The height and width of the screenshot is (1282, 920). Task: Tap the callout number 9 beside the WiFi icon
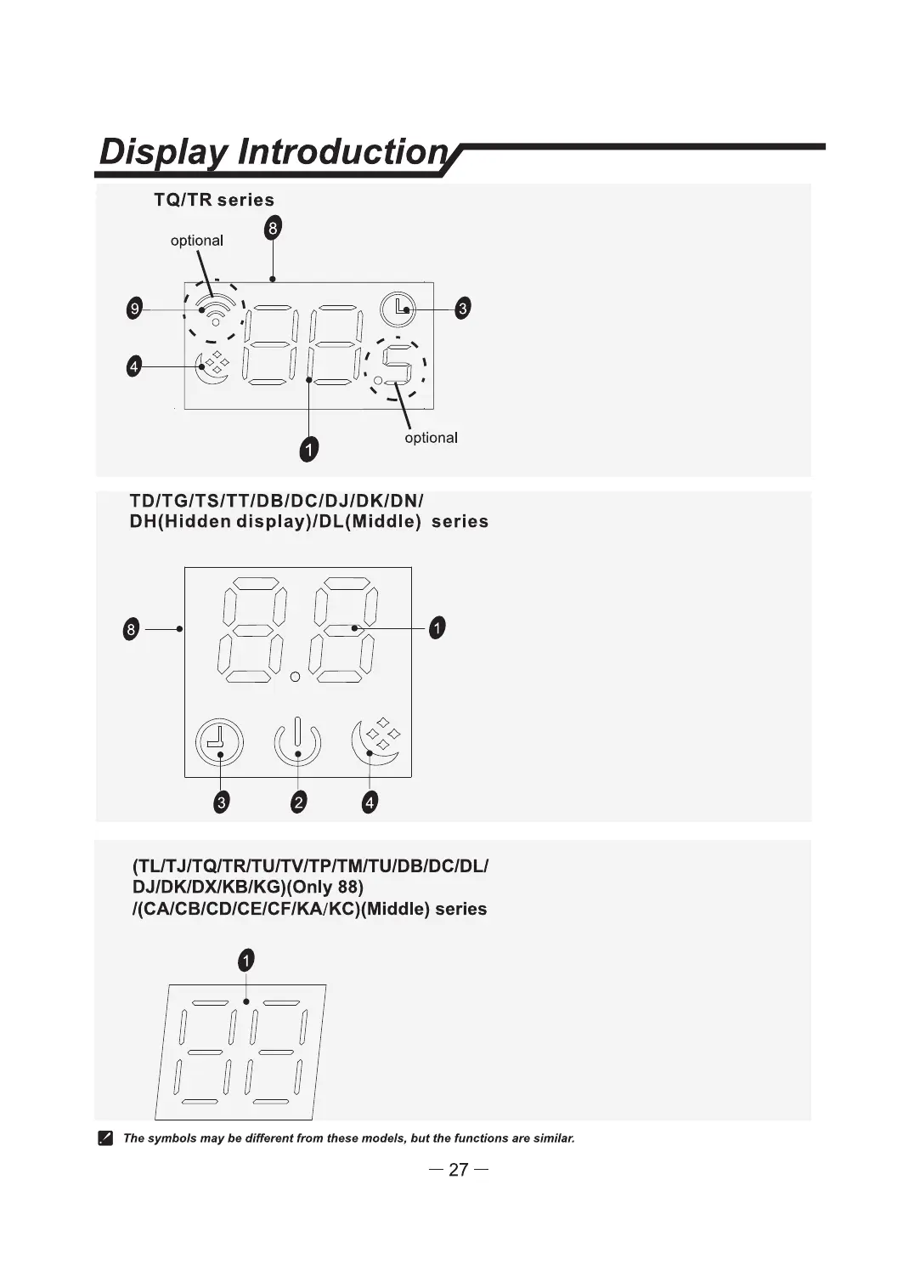pyautogui.click(x=133, y=309)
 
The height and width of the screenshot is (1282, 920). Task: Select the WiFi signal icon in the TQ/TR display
pyautogui.click(x=216, y=309)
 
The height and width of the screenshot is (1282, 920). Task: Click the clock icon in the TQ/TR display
pyautogui.click(x=398, y=309)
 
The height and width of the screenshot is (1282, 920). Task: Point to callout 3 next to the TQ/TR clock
pyautogui.click(x=462, y=309)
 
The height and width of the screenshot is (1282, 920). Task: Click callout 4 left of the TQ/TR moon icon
pyautogui.click(x=133, y=367)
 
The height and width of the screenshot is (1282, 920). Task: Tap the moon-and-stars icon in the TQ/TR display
pyautogui.click(x=212, y=367)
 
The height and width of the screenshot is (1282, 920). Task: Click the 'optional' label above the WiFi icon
pyautogui.click(x=197, y=241)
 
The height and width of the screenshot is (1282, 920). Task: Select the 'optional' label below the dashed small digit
pyautogui.click(x=431, y=438)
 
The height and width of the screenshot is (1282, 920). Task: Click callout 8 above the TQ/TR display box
pyautogui.click(x=273, y=228)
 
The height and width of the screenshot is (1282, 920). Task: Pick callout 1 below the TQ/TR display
pyautogui.click(x=309, y=449)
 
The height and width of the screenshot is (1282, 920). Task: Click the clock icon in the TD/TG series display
pyautogui.click(x=219, y=741)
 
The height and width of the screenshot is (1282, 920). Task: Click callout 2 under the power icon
pyautogui.click(x=298, y=802)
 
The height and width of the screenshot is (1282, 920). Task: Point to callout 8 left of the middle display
pyautogui.click(x=131, y=630)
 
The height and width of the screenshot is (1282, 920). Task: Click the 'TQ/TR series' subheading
pyautogui.click(x=214, y=200)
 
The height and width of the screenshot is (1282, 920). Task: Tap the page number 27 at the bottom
pyautogui.click(x=458, y=1170)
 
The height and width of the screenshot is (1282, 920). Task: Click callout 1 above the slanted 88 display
pyautogui.click(x=246, y=961)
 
